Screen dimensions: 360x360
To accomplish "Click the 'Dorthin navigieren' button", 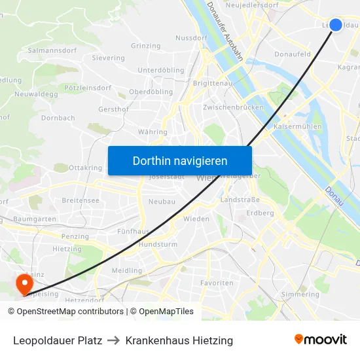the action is coord(180,160).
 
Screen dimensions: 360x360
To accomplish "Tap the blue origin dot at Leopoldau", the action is coord(335,25).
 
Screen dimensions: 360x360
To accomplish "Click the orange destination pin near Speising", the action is coord(24,283).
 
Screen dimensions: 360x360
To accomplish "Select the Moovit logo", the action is coord(320,340).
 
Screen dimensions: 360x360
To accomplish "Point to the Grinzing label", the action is coord(145,46).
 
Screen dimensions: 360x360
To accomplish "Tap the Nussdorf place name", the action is coord(191,38).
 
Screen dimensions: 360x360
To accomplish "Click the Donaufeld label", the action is coord(293,54).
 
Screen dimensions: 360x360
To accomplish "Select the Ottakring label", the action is coord(85,168).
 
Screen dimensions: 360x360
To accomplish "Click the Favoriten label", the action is coord(216,283).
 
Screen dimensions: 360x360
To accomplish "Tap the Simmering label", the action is coord(300,295).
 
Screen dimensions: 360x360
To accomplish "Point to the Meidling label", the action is coord(126,270).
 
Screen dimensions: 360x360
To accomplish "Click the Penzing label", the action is coord(75,236).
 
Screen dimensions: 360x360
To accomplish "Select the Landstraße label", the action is coord(236,200).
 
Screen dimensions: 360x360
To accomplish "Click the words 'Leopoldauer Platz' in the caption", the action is coord(58,340).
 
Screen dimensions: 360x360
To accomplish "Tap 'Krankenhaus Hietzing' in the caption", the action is coord(179,340).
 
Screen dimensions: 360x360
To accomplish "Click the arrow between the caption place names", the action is coord(114,340).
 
